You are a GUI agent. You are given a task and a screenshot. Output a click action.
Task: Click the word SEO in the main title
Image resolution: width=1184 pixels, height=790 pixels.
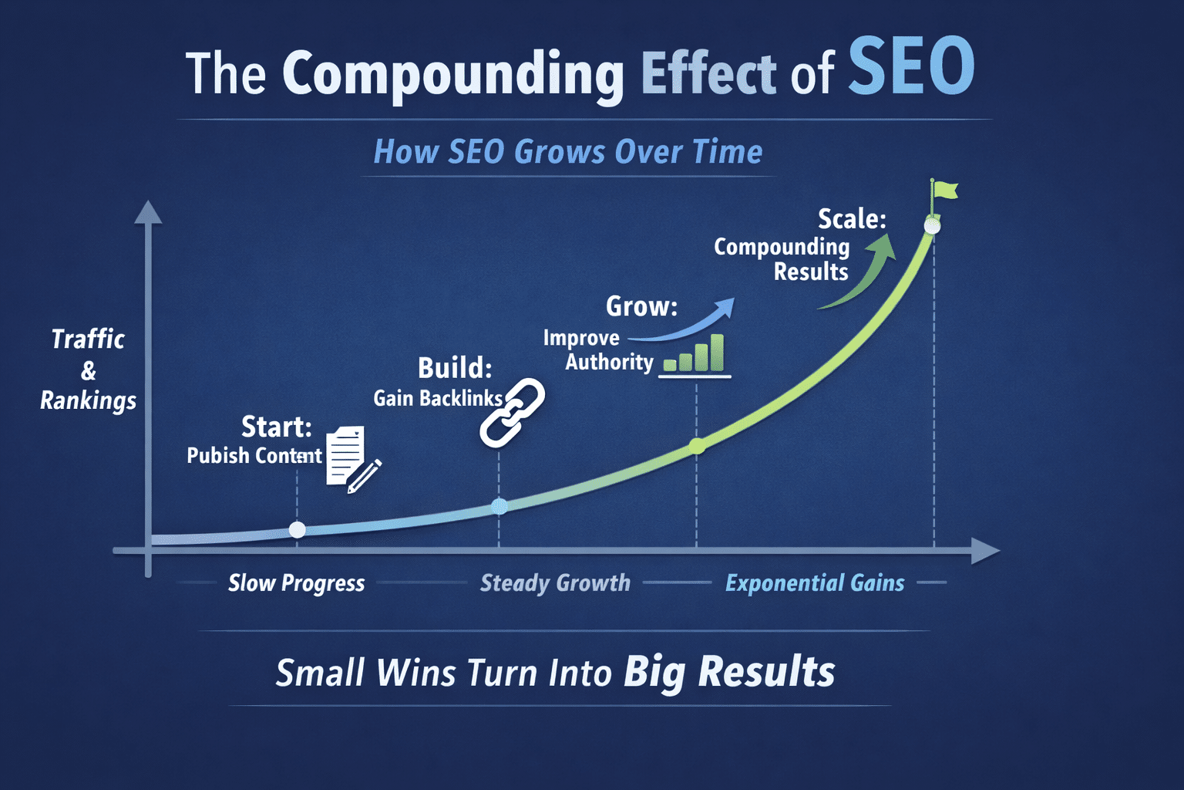[911, 66]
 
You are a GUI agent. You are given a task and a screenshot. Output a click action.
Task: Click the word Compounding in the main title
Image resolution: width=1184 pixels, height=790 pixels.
[453, 75]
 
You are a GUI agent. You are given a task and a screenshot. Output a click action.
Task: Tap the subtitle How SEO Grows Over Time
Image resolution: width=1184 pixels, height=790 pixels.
[568, 152]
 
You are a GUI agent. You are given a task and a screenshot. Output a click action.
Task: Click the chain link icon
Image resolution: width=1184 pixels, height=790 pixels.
[512, 413]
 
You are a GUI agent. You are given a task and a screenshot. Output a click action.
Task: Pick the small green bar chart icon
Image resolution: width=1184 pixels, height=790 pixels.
[695, 355]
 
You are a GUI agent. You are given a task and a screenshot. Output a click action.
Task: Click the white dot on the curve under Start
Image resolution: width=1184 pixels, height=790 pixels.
[298, 530]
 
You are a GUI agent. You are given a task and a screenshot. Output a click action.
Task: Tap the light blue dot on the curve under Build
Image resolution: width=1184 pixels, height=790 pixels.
[499, 506]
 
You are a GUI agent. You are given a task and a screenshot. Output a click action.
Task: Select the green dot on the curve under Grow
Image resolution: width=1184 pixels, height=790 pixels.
[697, 446]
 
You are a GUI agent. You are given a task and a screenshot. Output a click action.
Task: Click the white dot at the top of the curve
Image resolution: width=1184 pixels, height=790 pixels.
[933, 226]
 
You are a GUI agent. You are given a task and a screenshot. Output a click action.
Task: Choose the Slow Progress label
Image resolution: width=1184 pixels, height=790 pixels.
[297, 583]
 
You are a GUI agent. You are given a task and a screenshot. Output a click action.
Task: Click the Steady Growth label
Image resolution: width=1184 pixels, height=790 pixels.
[555, 583]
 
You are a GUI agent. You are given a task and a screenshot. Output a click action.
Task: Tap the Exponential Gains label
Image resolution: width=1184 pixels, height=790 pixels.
[815, 583]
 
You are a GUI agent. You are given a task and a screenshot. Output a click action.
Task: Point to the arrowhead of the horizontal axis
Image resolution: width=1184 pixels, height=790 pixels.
[987, 551]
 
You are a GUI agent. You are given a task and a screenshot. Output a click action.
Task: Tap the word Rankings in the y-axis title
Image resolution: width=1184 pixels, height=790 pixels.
[89, 401]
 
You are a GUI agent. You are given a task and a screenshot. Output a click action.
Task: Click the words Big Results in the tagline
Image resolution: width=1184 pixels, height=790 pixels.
[729, 673]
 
